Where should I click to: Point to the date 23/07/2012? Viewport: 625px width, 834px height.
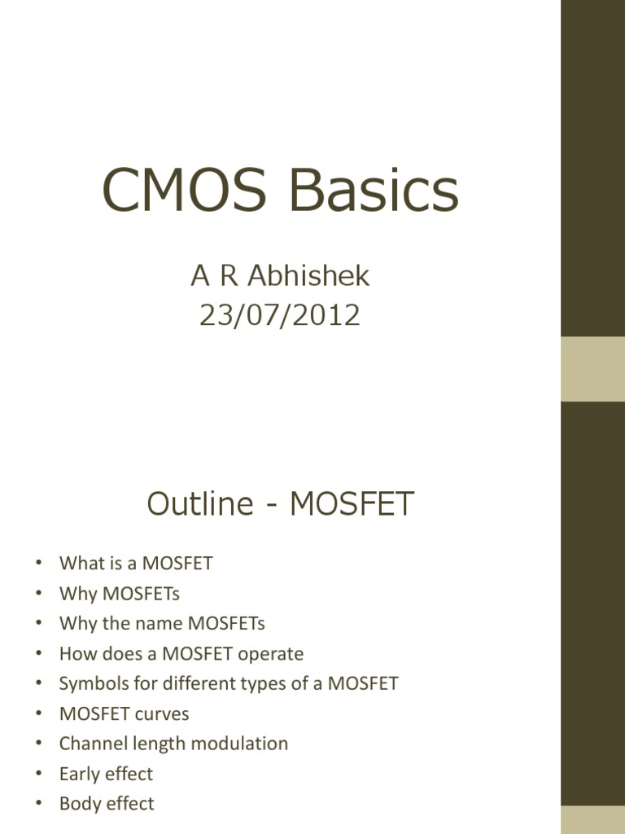(280, 315)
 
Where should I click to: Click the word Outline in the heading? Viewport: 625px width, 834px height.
(200, 505)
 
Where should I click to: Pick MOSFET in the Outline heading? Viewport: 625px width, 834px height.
(352, 505)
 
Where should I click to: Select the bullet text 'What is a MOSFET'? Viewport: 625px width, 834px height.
(136, 563)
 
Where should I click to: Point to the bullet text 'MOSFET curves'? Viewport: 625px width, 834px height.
(124, 713)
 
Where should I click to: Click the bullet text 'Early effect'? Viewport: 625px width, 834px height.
(106, 774)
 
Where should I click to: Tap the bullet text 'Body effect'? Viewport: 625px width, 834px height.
(107, 804)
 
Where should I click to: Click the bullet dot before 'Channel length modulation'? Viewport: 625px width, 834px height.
(38, 744)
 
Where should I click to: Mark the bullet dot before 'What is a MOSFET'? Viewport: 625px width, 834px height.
(38, 564)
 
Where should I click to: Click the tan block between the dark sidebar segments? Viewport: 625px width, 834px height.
(592, 368)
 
